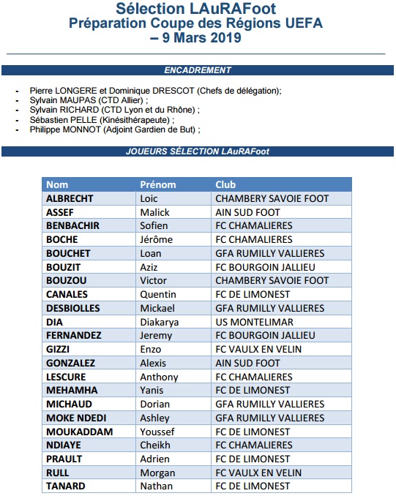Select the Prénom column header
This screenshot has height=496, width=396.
point(157,184)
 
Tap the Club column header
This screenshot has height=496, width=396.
point(225,184)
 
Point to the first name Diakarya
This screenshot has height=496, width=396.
point(160,322)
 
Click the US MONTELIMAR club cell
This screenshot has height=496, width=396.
point(254,322)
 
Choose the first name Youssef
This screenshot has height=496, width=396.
point(157,432)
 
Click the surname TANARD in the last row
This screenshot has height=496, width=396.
point(65,486)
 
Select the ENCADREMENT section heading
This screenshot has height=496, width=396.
point(198,70)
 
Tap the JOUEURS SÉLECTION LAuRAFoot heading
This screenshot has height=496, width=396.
point(198,151)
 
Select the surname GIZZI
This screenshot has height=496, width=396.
point(58,349)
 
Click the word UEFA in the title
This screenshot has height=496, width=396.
point(301,23)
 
